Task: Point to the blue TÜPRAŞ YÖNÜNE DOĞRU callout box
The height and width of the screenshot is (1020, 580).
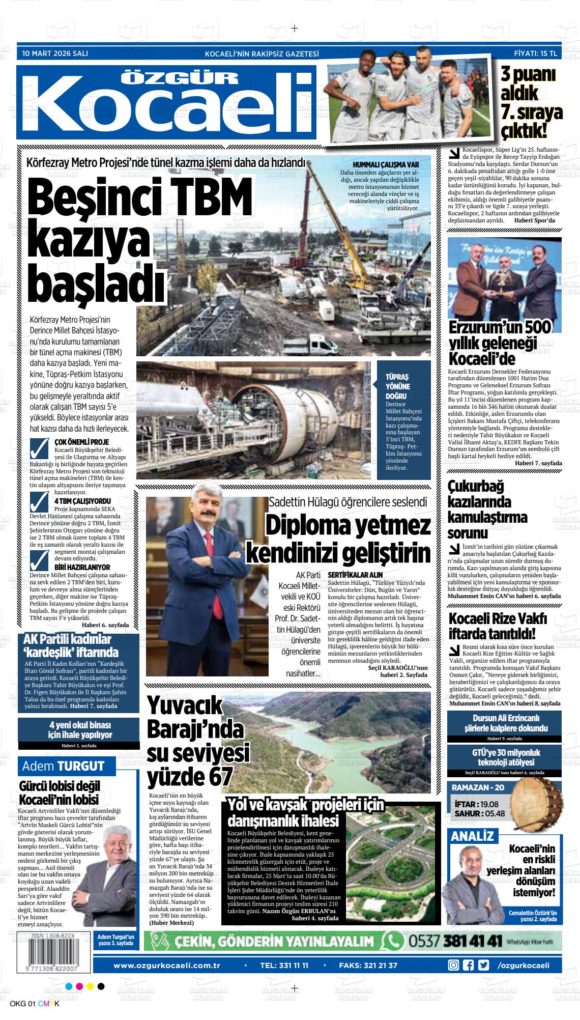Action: point(403,420)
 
